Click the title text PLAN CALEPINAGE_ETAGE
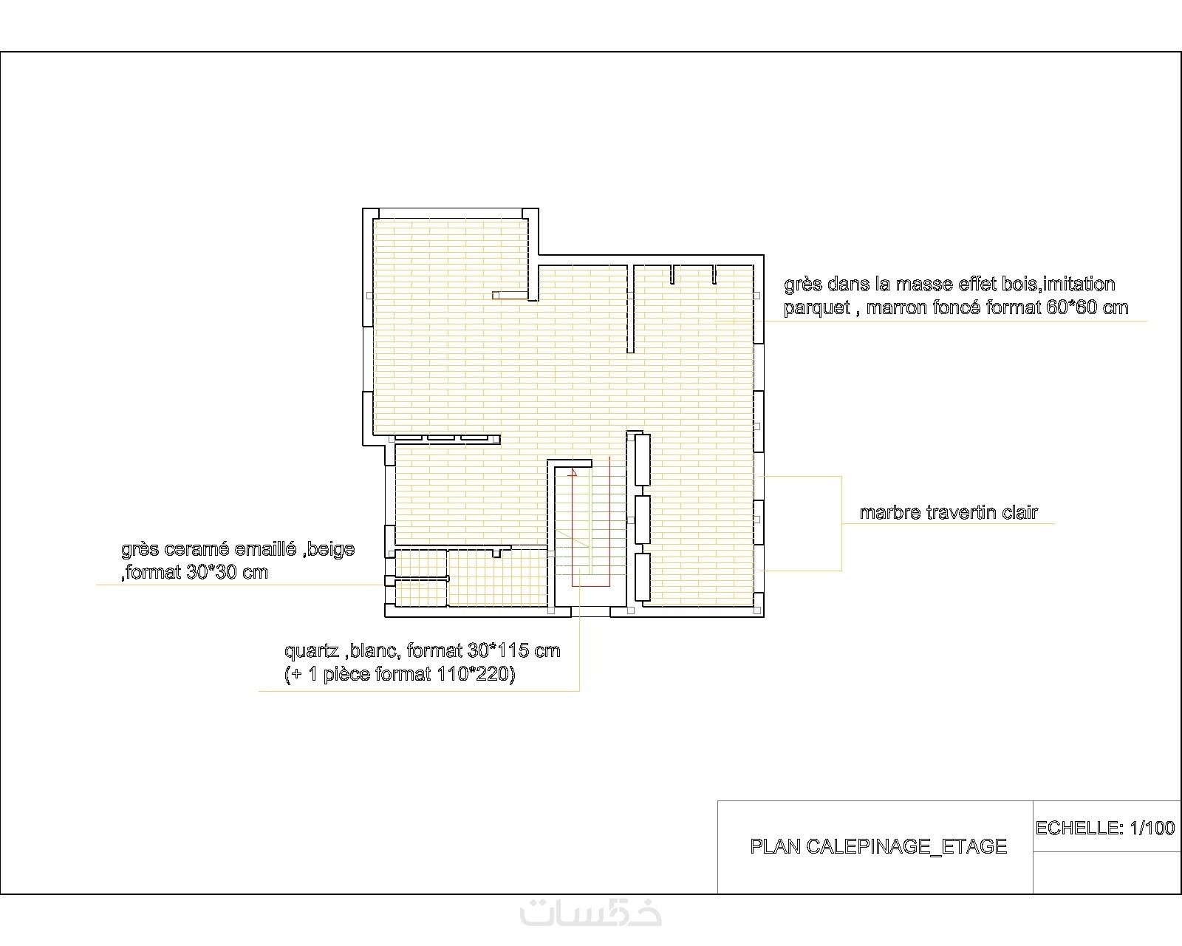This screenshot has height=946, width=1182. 878,846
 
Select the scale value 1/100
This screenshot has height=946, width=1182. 1152,828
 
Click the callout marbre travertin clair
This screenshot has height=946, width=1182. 949,512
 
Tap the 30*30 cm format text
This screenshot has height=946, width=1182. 227,572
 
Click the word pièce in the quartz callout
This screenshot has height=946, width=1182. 346,675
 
